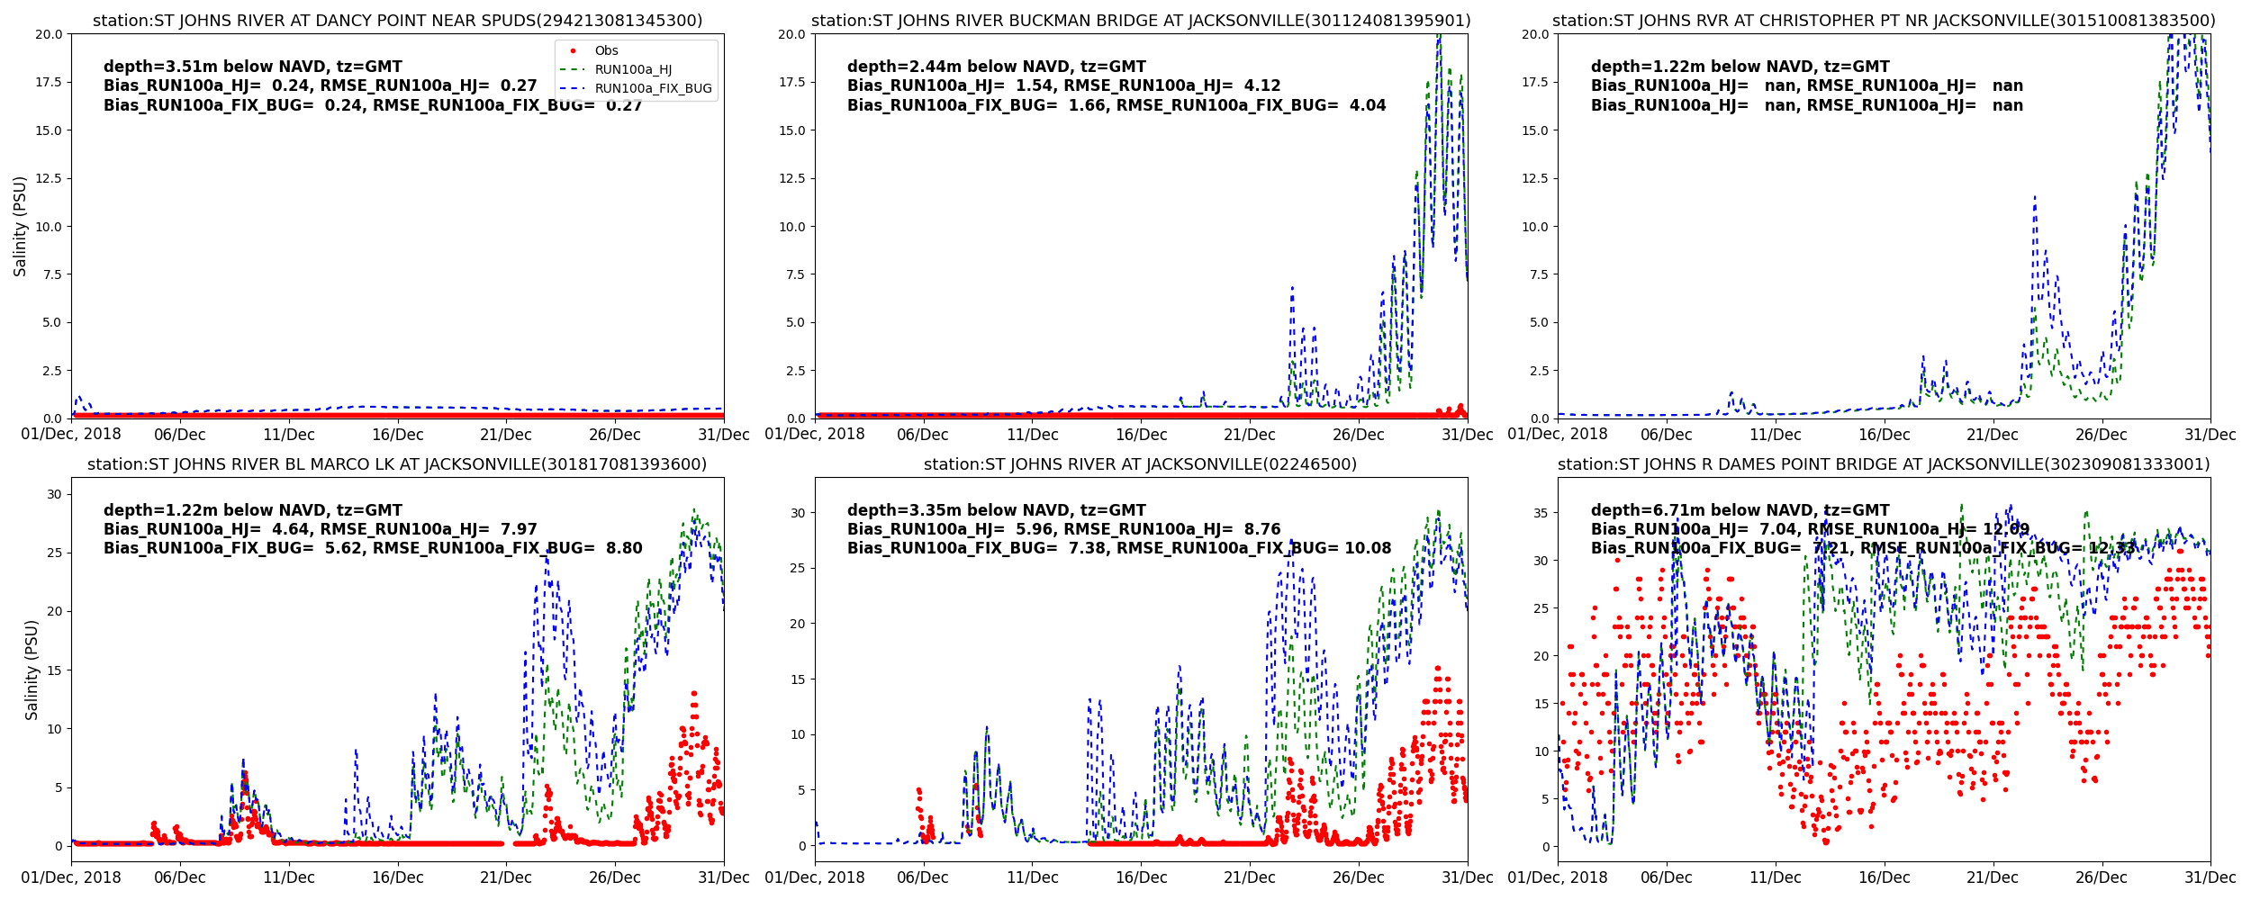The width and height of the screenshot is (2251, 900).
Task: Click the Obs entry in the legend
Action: [606, 51]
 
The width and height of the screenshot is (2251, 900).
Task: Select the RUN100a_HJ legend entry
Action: [633, 70]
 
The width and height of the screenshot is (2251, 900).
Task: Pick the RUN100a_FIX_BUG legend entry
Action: [653, 89]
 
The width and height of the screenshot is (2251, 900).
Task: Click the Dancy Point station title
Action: [397, 21]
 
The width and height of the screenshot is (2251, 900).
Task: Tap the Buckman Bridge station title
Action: [1141, 21]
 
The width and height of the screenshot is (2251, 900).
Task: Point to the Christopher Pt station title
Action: [1884, 21]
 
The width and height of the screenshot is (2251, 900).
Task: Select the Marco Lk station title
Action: [397, 464]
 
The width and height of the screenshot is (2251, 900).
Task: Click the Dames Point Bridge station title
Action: [1884, 464]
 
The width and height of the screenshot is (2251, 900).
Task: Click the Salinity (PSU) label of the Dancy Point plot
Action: [20, 226]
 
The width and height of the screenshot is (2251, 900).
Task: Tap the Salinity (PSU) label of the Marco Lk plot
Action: [32, 670]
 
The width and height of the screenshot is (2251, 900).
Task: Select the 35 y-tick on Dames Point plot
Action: [1541, 513]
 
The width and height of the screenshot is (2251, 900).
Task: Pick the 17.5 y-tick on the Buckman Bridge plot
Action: [791, 82]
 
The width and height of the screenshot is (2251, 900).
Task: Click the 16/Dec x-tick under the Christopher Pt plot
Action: [1884, 435]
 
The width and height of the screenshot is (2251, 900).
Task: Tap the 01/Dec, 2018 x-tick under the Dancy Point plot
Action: [71, 435]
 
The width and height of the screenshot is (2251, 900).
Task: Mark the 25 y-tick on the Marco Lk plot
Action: [54, 553]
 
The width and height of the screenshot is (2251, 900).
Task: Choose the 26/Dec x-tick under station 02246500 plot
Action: [1358, 877]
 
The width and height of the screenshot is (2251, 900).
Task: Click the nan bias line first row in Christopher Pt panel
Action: [1806, 85]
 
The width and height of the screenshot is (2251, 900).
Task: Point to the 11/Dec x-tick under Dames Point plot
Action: [1775, 877]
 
